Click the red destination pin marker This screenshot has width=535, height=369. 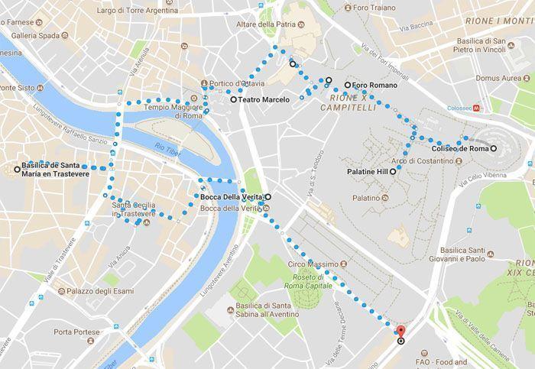tap(400, 332)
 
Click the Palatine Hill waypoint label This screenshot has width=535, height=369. tap(367, 173)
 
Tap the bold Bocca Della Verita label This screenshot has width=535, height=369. tap(232, 197)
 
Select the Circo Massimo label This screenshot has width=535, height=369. tap(307, 264)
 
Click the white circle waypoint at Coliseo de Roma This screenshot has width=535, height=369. tap(493, 148)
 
